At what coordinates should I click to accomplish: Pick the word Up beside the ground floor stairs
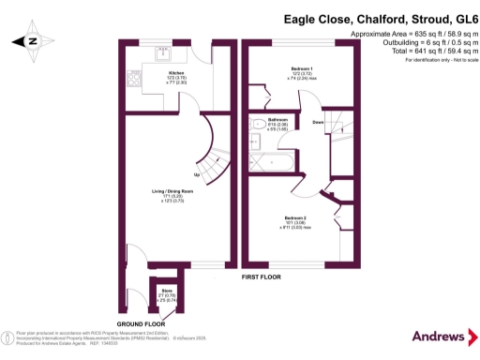pos(196,174)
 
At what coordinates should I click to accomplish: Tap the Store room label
pos(165,293)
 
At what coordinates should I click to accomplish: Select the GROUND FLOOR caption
pos(142,322)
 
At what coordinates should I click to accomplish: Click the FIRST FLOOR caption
pos(263,278)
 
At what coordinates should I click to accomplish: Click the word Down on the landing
pos(318,123)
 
